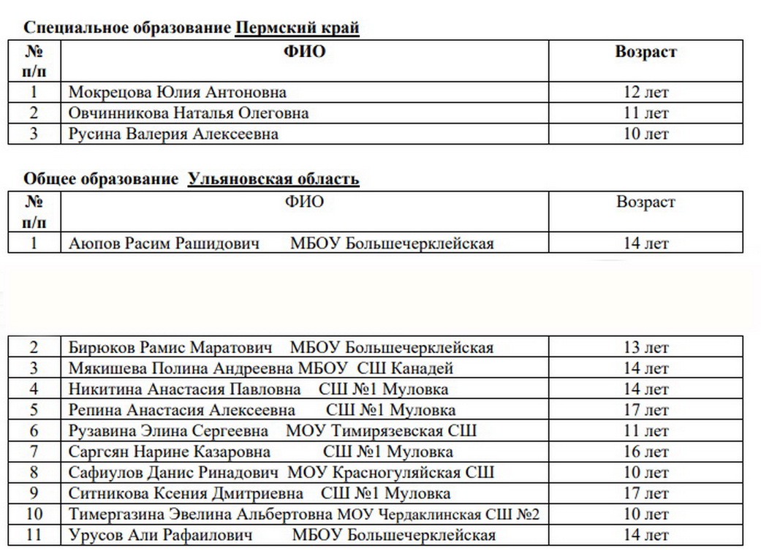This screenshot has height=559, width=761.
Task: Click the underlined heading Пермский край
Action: (297, 28)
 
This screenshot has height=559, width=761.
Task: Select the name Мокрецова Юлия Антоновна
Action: (177, 93)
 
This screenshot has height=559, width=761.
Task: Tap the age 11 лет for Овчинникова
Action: (645, 113)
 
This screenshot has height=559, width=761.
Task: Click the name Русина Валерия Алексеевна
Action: (173, 134)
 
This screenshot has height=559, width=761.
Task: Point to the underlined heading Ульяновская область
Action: (273, 180)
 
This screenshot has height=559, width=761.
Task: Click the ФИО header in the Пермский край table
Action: (304, 52)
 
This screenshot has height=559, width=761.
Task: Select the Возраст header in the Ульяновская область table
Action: (645, 202)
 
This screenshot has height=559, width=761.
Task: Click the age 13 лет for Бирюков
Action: (645, 348)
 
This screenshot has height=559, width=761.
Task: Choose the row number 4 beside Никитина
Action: (34, 389)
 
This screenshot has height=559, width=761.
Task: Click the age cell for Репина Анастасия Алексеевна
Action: (645, 410)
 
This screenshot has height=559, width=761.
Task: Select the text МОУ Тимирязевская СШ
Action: (382, 431)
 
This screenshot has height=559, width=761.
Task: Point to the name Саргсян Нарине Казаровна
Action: (170, 452)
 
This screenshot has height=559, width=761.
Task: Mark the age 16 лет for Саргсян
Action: (645, 452)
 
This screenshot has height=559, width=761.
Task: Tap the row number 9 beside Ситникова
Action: (34, 494)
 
